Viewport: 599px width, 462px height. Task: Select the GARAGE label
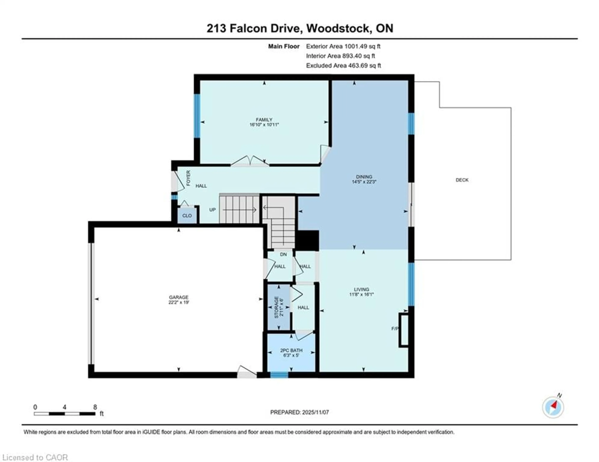[x=179, y=297]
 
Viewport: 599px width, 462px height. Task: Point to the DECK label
[x=462, y=180]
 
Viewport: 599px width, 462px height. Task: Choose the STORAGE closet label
[x=276, y=307]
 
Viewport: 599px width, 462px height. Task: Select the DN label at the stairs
[x=283, y=254]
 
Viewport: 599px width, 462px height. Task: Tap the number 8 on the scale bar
[x=95, y=407]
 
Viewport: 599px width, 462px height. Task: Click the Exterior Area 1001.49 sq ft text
[x=343, y=46]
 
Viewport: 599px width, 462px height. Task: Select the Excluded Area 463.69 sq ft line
[x=343, y=65]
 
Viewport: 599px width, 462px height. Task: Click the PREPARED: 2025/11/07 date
[x=299, y=412]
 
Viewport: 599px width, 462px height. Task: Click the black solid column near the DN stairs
[x=307, y=240]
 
